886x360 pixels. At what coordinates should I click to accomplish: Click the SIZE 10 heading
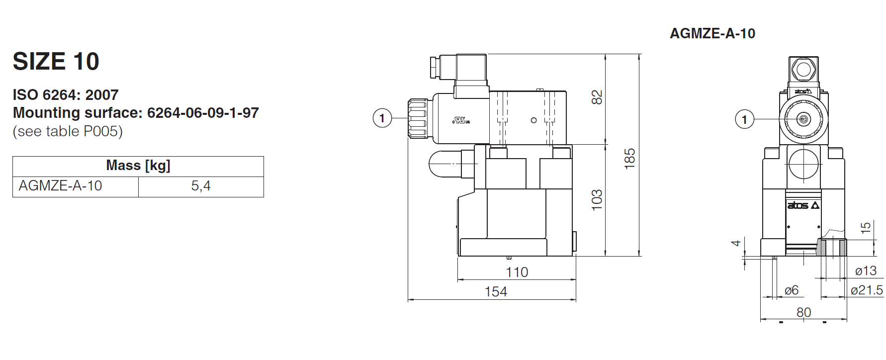point(56,62)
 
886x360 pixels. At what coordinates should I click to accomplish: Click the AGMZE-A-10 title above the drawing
point(712,33)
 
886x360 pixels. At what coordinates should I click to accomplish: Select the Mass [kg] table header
point(138,166)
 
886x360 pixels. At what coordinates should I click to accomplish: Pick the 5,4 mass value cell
point(200,186)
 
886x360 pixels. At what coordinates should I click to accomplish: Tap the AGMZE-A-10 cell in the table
point(60,186)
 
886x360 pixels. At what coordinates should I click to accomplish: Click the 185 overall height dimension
point(629,159)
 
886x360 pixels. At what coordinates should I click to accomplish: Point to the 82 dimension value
point(597,97)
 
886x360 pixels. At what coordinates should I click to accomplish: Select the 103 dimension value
point(597,199)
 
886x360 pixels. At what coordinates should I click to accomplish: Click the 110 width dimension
point(517,272)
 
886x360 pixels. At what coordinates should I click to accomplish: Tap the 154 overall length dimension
point(496,291)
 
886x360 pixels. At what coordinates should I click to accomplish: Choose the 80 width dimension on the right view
point(803,312)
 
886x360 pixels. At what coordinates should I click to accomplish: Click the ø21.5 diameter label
point(867,290)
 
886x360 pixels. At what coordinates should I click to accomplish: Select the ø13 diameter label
point(866,271)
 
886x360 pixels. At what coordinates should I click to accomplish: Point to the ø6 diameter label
point(791,290)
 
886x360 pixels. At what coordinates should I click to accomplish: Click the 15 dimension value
point(866,228)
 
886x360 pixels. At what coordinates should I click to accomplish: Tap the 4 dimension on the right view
point(736,243)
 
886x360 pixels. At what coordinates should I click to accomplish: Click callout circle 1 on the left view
point(382,118)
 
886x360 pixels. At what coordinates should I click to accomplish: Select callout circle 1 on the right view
point(744,119)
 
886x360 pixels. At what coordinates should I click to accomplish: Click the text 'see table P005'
point(68,131)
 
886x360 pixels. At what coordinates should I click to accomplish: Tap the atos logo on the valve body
point(802,205)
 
